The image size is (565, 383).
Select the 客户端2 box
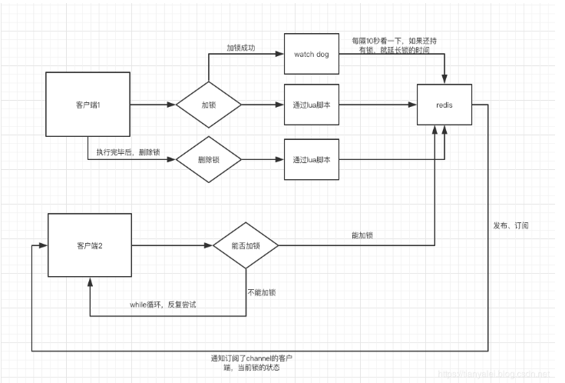(x=90, y=245)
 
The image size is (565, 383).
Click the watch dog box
(x=311, y=55)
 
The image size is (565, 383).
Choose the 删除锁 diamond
(x=209, y=160)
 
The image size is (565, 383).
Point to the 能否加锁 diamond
(x=246, y=245)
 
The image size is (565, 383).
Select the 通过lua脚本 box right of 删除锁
(x=311, y=160)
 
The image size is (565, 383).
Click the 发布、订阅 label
(x=511, y=226)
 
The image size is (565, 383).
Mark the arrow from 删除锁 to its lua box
(x=262, y=160)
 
